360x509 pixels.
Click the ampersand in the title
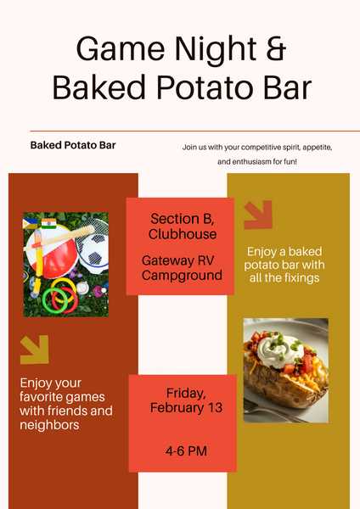[273, 48]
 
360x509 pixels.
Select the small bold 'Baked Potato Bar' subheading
[73, 145]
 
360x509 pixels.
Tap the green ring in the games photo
[59, 296]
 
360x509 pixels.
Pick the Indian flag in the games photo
[47, 224]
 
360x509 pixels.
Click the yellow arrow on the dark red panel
[34, 349]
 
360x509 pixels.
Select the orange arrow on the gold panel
[258, 215]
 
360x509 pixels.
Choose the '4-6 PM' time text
[186, 451]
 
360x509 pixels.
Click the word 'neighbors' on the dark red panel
[50, 425]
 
